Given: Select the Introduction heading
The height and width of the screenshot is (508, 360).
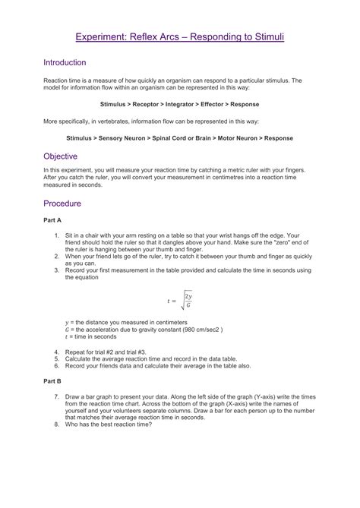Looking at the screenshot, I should tap(64, 62).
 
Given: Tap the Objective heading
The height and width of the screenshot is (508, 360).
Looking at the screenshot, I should tap(61, 156).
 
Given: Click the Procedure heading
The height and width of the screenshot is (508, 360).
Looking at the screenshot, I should tap(62, 204).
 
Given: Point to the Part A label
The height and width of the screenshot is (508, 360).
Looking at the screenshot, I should tap(52, 219).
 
